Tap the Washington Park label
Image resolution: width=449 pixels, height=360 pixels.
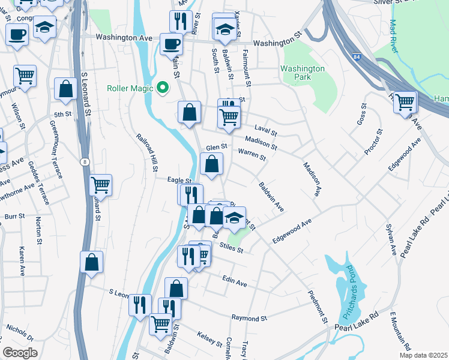[x=303, y=74]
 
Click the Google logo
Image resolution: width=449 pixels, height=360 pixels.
[x=20, y=352]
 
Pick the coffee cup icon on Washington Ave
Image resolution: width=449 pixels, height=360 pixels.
[x=171, y=44]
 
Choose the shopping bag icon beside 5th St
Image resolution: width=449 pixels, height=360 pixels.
[x=65, y=89]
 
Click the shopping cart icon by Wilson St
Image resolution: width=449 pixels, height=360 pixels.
[x=25, y=76]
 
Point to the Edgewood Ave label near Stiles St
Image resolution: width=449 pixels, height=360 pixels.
[x=292, y=230]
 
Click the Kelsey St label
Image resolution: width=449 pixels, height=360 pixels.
[x=210, y=339]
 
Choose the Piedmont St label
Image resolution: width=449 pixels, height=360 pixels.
[x=318, y=305]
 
